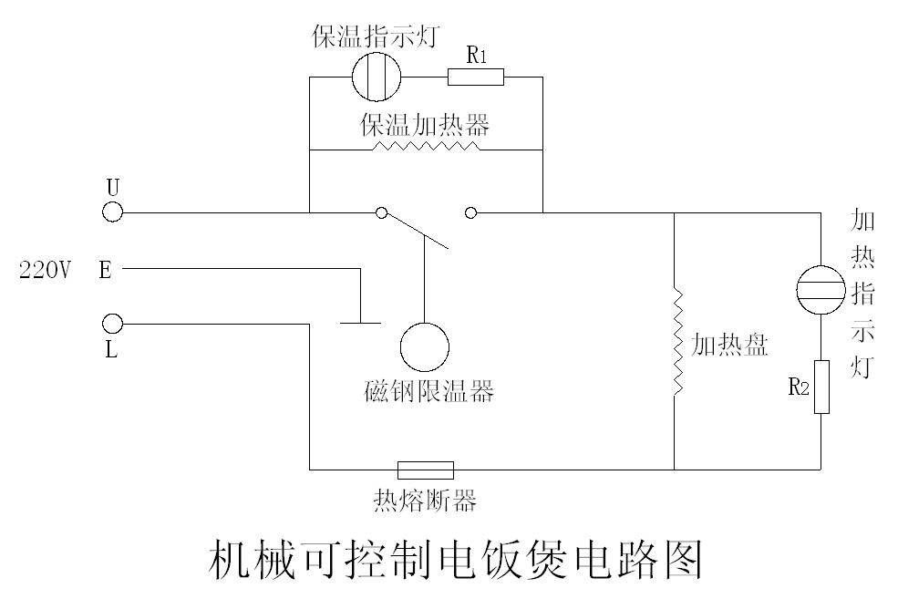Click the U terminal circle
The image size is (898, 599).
point(111,212)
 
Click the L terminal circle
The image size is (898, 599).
point(111,324)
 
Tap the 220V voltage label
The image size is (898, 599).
point(45,271)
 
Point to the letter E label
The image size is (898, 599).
point(105,271)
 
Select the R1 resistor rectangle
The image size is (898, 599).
point(475,77)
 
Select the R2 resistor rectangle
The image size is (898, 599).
point(821,387)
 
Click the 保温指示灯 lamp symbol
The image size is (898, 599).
point(377,77)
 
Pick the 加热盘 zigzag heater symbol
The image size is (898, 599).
point(676,342)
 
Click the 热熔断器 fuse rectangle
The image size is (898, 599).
point(425,470)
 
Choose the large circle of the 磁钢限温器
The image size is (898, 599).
point(425,347)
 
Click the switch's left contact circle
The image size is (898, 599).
point(382,213)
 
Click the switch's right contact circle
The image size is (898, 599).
point(470,213)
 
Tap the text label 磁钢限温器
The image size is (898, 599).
point(428,392)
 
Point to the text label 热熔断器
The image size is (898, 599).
point(425,501)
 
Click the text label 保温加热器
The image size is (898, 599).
point(425,125)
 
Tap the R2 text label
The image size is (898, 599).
point(798,387)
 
